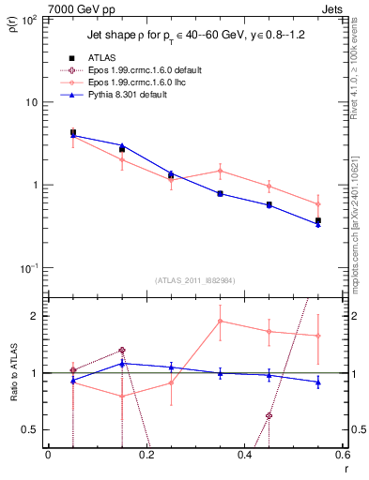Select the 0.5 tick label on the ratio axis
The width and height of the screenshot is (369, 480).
pos(30,430)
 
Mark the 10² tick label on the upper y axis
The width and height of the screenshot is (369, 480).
pos(29,19)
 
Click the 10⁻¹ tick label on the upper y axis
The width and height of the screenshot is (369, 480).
pos(29,268)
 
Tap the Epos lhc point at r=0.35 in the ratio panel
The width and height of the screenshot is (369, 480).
pos(220,321)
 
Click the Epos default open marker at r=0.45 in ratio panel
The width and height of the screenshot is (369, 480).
pos(269,415)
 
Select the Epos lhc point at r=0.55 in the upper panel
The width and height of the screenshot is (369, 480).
pos(318,203)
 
